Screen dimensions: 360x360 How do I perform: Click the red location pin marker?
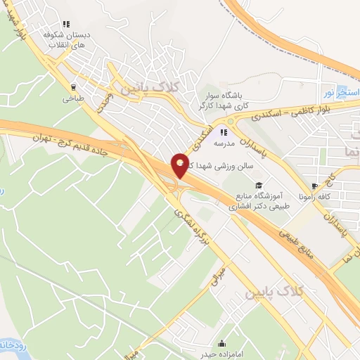click(x=180, y=165)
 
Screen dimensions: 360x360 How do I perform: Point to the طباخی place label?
click(x=73, y=98)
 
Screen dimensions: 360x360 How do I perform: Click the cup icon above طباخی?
click(x=73, y=88)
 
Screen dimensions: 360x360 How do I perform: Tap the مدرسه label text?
click(x=224, y=142)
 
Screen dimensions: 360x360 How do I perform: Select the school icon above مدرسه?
click(x=224, y=131)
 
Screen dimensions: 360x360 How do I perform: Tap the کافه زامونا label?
click(x=314, y=197)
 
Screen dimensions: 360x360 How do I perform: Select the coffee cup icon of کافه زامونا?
click(x=314, y=186)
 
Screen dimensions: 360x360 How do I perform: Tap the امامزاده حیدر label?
click(x=221, y=354)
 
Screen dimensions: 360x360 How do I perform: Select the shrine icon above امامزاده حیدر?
click(x=222, y=344)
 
